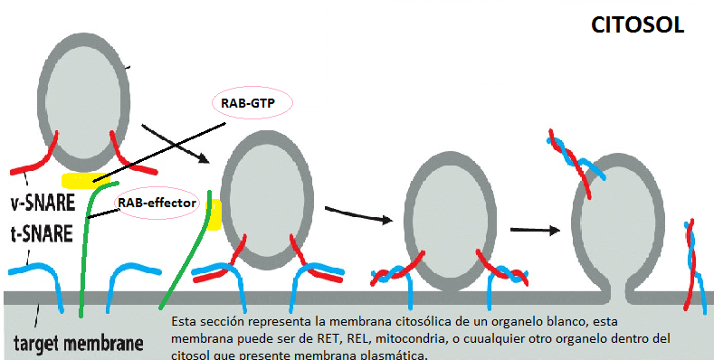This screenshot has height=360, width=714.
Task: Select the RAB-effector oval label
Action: (x=157, y=204)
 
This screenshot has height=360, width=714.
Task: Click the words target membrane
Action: (x=78, y=345)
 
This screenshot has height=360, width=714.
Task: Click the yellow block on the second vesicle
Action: (x=214, y=215)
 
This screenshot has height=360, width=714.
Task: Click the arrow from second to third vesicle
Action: (x=359, y=214)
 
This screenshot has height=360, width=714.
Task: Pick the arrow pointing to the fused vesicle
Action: (x=535, y=230)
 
